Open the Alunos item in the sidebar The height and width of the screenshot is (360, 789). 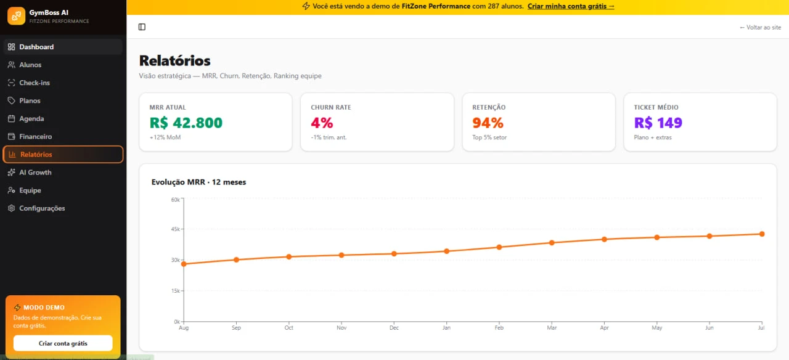(x=30, y=65)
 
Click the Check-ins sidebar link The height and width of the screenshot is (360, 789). (x=34, y=83)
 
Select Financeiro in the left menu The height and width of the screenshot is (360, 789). (x=35, y=136)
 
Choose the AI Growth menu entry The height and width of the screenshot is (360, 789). (x=35, y=172)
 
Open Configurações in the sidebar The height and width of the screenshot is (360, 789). (x=42, y=208)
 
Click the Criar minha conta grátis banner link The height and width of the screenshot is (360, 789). (x=571, y=6)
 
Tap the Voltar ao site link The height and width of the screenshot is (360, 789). (x=760, y=28)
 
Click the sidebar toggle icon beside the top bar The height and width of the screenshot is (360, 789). (x=142, y=27)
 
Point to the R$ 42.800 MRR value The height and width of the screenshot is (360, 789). (x=186, y=123)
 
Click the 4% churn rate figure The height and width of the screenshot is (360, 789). (x=322, y=123)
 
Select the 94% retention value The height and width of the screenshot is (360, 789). (x=488, y=123)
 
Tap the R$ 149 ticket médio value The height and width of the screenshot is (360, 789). (x=658, y=123)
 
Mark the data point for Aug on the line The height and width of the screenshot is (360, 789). (x=184, y=264)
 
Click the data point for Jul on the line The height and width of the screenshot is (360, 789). (x=762, y=234)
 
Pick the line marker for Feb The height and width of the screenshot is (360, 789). (x=499, y=247)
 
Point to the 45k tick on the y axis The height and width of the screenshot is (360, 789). (x=176, y=229)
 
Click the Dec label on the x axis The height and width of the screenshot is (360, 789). (x=394, y=327)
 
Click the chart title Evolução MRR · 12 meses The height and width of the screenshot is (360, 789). (x=198, y=182)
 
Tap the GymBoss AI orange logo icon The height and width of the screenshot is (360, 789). (x=16, y=16)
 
